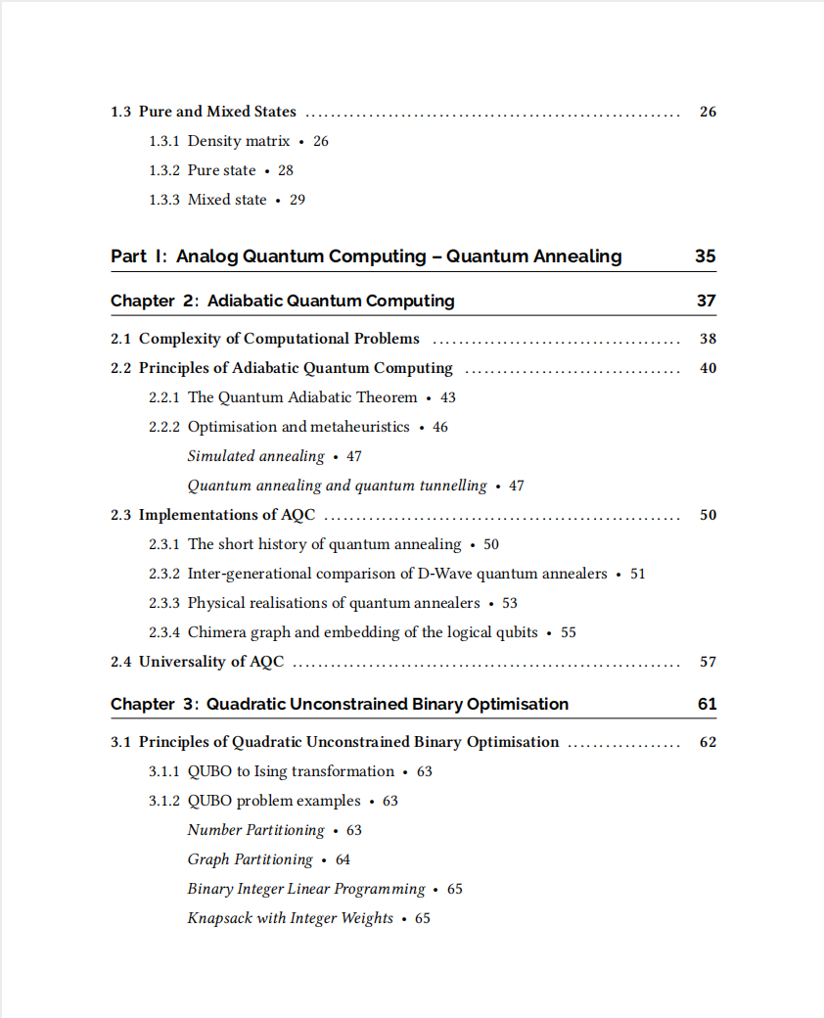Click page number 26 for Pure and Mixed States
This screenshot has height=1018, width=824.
708,112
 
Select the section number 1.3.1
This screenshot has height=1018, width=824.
164,141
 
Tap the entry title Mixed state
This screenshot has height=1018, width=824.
227,200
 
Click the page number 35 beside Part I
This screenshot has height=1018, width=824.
705,256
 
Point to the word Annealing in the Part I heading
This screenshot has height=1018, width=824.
577,256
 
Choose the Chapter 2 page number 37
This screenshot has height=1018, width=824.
706,301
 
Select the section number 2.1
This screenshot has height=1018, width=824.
120,339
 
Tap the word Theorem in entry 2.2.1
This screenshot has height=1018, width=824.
387,397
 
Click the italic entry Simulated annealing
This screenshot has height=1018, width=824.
255,456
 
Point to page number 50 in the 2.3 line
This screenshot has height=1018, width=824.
708,515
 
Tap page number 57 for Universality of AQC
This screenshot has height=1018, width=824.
708,662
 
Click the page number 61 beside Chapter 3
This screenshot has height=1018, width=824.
707,704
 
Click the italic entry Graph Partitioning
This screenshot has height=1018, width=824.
250,859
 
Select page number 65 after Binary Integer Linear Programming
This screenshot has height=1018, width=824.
454,889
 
